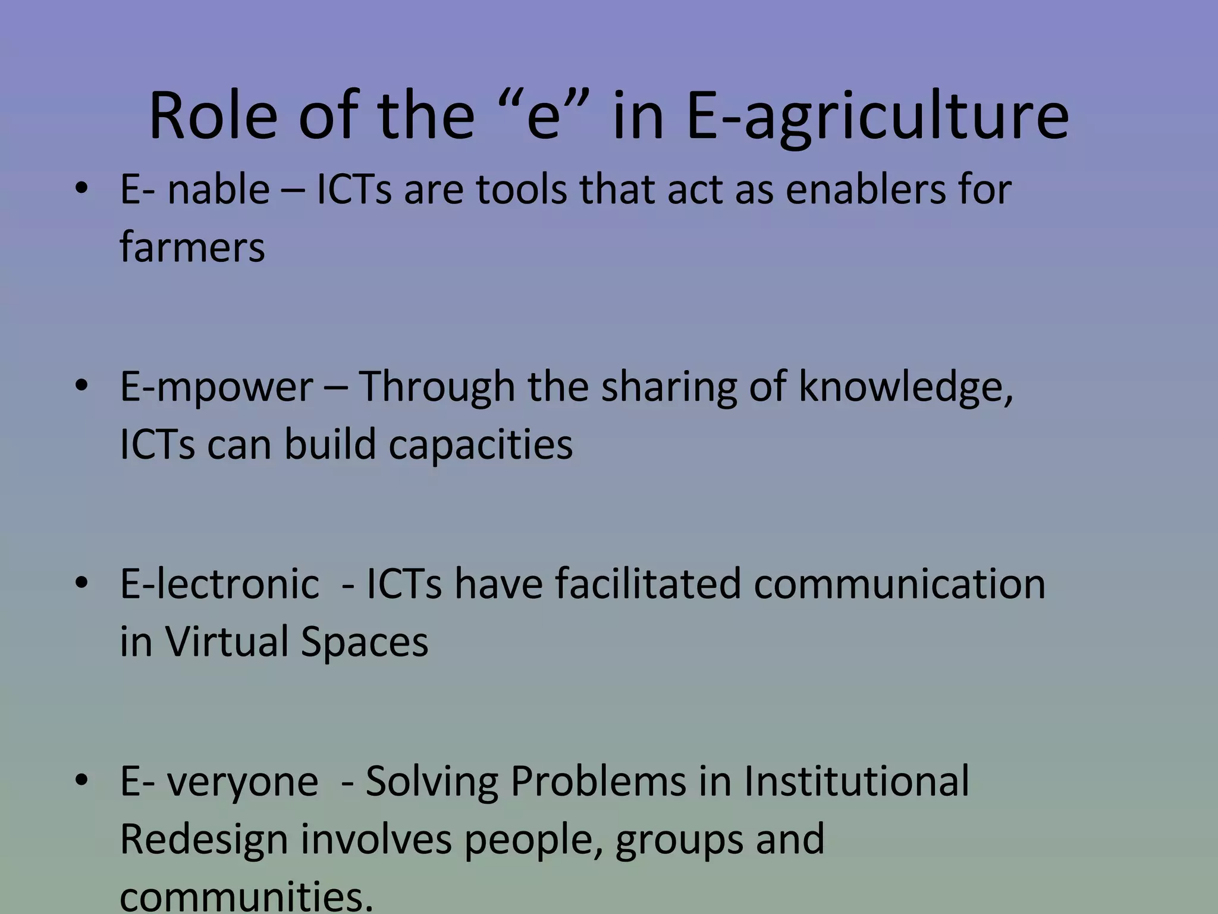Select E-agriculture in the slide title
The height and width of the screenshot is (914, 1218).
click(x=877, y=116)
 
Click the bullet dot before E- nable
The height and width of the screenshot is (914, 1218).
click(x=82, y=189)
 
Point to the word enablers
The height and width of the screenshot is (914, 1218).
click(x=860, y=190)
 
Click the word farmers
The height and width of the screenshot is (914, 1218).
click(x=192, y=248)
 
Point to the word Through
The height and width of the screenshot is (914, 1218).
click(x=437, y=387)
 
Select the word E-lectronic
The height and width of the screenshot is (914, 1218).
click(x=219, y=584)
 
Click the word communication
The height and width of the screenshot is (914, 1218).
click(x=899, y=584)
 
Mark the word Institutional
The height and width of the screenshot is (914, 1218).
click(x=856, y=781)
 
